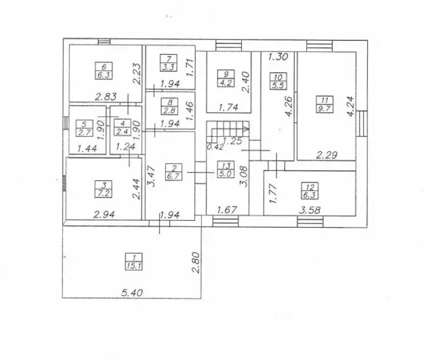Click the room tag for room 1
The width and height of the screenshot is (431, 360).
pyautogui.click(x=134, y=262)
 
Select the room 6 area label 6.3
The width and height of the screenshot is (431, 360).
pyautogui.click(x=104, y=75)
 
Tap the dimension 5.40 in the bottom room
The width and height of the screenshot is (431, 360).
pyautogui.click(x=132, y=293)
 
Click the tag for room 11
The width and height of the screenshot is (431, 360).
pyautogui.click(x=324, y=104)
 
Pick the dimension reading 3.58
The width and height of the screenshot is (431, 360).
pyautogui.click(x=310, y=211)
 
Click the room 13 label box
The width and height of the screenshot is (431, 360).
pyautogui.click(x=226, y=169)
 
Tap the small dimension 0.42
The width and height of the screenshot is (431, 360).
pyautogui.click(x=215, y=147)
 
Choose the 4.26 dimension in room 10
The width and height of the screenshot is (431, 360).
pyautogui.click(x=289, y=106)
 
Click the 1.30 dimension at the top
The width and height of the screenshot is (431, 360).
pyautogui.click(x=278, y=57)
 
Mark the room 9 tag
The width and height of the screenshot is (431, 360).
pyautogui.click(x=226, y=78)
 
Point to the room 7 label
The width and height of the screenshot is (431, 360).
pyautogui.click(x=169, y=63)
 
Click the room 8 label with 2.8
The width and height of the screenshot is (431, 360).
pyautogui.click(x=170, y=106)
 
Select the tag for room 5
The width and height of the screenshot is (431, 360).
pyautogui.click(x=84, y=128)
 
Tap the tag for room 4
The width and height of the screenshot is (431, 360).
pyautogui.click(x=123, y=128)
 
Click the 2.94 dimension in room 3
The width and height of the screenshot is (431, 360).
pyautogui.click(x=104, y=215)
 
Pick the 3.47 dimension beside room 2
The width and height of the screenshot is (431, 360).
pyautogui.click(x=152, y=176)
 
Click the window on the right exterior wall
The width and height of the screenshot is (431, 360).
pyautogui.click(x=362, y=123)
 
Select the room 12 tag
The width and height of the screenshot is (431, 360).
pyautogui.click(x=310, y=191)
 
